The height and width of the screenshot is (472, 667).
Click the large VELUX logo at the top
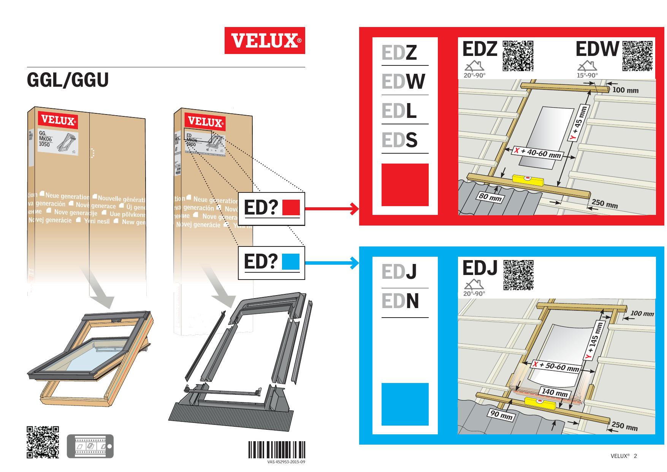pyautogui.click(x=265, y=40)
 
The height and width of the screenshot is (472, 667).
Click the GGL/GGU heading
pyautogui.click(x=68, y=80)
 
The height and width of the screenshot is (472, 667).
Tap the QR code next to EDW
pyautogui.click(x=637, y=56)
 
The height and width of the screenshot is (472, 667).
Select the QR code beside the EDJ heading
pyautogui.click(x=518, y=275)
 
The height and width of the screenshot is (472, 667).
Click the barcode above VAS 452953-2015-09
pyautogui.click(x=277, y=450)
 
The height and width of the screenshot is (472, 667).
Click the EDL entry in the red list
pyautogui.click(x=399, y=111)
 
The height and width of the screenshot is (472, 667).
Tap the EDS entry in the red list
pyautogui.click(x=399, y=140)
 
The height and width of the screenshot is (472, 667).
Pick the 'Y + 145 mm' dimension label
pyautogui.click(x=594, y=340)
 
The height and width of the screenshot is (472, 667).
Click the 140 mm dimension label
pyautogui.click(x=555, y=392)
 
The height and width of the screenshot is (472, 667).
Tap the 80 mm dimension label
pyautogui.click(x=490, y=197)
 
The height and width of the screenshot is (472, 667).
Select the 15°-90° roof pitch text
pyautogui.click(x=587, y=75)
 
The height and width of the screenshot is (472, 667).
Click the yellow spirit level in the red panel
pyautogui.click(x=528, y=180)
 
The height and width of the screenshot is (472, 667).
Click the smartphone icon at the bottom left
pyautogui.click(x=90, y=446)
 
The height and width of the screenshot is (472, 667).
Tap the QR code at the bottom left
pyautogui.click(x=43, y=442)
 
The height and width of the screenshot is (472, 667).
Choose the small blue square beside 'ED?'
pyautogui.click(x=291, y=262)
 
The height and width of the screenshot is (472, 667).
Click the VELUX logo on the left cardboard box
pyautogui.click(x=58, y=120)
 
